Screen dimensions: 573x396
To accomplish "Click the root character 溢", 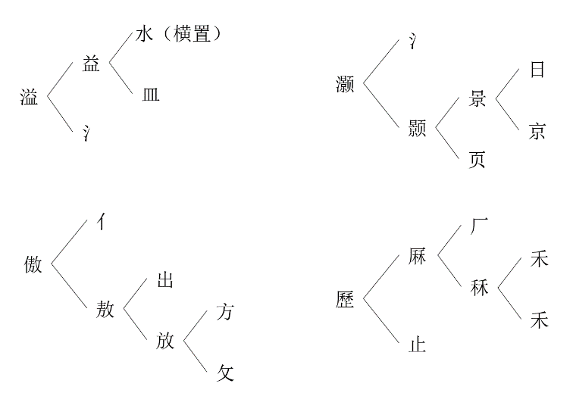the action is coord(30,96).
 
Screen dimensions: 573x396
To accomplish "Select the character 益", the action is coord(91,64).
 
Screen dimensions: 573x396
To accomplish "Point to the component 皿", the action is coord(150,95).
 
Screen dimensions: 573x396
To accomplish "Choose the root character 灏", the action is coord(345,83).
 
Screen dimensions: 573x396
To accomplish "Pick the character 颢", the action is coord(417,129).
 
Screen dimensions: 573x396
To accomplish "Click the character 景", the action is coord(477,99).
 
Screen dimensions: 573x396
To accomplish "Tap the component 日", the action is coord(537,70).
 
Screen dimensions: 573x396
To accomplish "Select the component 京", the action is coord(537,131).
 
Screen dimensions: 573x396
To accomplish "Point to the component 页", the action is coord(477,161).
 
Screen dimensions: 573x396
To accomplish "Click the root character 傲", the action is coord(32,264).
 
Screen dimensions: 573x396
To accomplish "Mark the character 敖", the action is coord(105,309).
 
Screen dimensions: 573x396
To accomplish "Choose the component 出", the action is coord(164,280).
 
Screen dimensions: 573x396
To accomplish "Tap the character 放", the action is coord(165,340).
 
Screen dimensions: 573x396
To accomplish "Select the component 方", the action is coord(225,311).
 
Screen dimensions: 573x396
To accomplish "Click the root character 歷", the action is coord(345,299).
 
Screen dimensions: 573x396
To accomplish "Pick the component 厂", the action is coord(478,226).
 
